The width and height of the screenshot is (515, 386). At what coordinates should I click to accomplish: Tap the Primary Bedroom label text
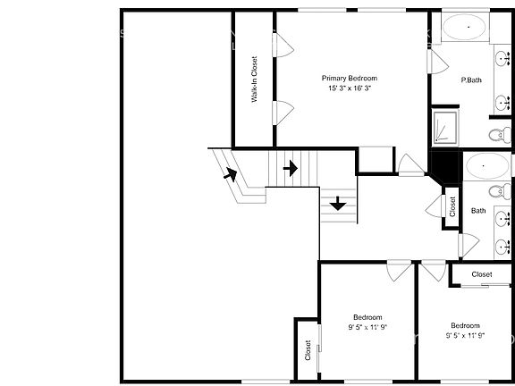point(350,79)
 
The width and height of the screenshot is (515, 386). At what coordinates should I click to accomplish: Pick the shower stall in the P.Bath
point(443,127)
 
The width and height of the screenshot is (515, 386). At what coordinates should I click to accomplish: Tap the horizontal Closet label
point(481,274)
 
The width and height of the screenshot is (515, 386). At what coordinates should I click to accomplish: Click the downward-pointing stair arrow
point(338,204)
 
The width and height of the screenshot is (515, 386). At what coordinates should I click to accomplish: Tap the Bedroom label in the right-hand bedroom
point(464,325)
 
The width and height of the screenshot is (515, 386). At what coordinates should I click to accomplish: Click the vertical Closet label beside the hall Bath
point(452,208)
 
